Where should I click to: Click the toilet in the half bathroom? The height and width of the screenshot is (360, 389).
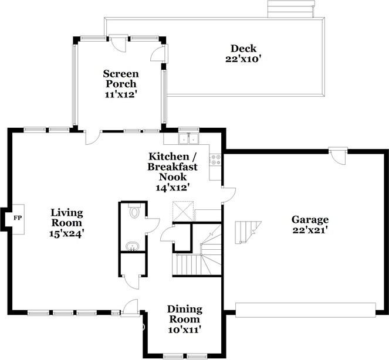(x=134, y=212)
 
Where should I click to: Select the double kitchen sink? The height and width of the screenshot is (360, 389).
(x=189, y=140)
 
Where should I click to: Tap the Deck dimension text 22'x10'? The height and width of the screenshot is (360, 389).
(x=242, y=59)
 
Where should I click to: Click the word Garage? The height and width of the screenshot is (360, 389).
(x=310, y=220)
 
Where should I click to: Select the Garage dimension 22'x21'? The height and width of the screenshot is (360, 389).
(x=310, y=230)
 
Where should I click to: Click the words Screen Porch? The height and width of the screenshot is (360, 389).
(x=121, y=79)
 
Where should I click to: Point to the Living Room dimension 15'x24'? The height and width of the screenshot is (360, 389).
(x=66, y=232)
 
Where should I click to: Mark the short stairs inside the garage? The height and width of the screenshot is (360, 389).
(x=245, y=232)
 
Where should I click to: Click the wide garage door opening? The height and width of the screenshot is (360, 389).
(x=305, y=310)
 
